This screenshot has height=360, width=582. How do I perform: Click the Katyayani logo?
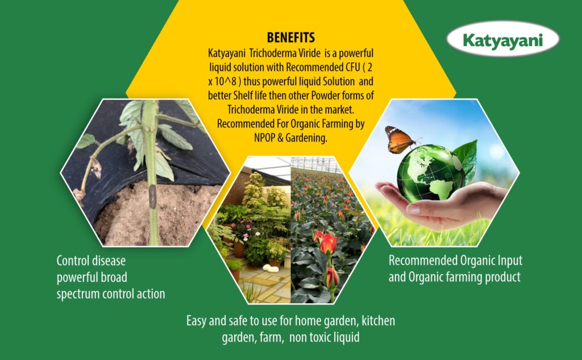point(503,40)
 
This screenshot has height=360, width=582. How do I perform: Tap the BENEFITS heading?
point(290,38)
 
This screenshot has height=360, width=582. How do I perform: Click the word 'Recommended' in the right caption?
point(422,261)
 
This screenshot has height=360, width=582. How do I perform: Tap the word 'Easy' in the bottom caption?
point(197,321)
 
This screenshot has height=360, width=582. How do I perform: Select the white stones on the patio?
point(271,268)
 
